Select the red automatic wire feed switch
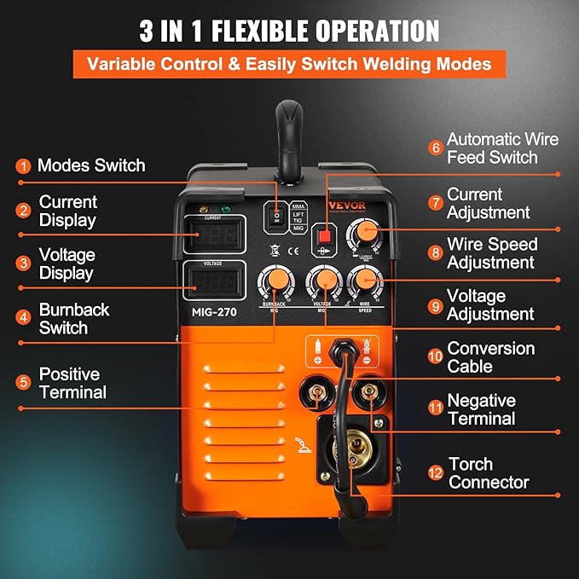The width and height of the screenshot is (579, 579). click(x=323, y=236)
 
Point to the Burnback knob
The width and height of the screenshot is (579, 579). click(x=275, y=281)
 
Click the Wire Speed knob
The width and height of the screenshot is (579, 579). click(x=363, y=280)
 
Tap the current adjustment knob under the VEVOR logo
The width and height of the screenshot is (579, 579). click(x=366, y=232)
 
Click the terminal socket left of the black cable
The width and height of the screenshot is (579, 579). click(x=318, y=393)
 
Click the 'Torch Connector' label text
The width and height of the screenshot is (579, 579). click(x=489, y=473)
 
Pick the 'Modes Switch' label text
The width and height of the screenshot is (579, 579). click(x=91, y=165)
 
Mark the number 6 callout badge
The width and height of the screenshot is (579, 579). click(x=436, y=148)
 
